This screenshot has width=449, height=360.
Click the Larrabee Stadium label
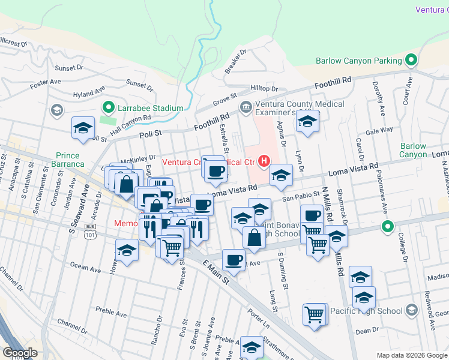pos(150,108)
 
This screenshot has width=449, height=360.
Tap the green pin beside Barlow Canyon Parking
pos(411,61)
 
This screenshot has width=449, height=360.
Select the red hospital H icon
pos(263,161)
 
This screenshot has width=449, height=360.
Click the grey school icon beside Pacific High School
pos(411,310)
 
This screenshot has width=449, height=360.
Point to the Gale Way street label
pos(379,130)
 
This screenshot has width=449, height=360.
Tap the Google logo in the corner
pos(20,353)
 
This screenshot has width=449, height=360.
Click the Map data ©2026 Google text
pos(412,355)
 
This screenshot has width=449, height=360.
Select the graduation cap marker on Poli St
pos(83,128)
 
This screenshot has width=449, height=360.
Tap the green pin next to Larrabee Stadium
pos(109,108)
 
